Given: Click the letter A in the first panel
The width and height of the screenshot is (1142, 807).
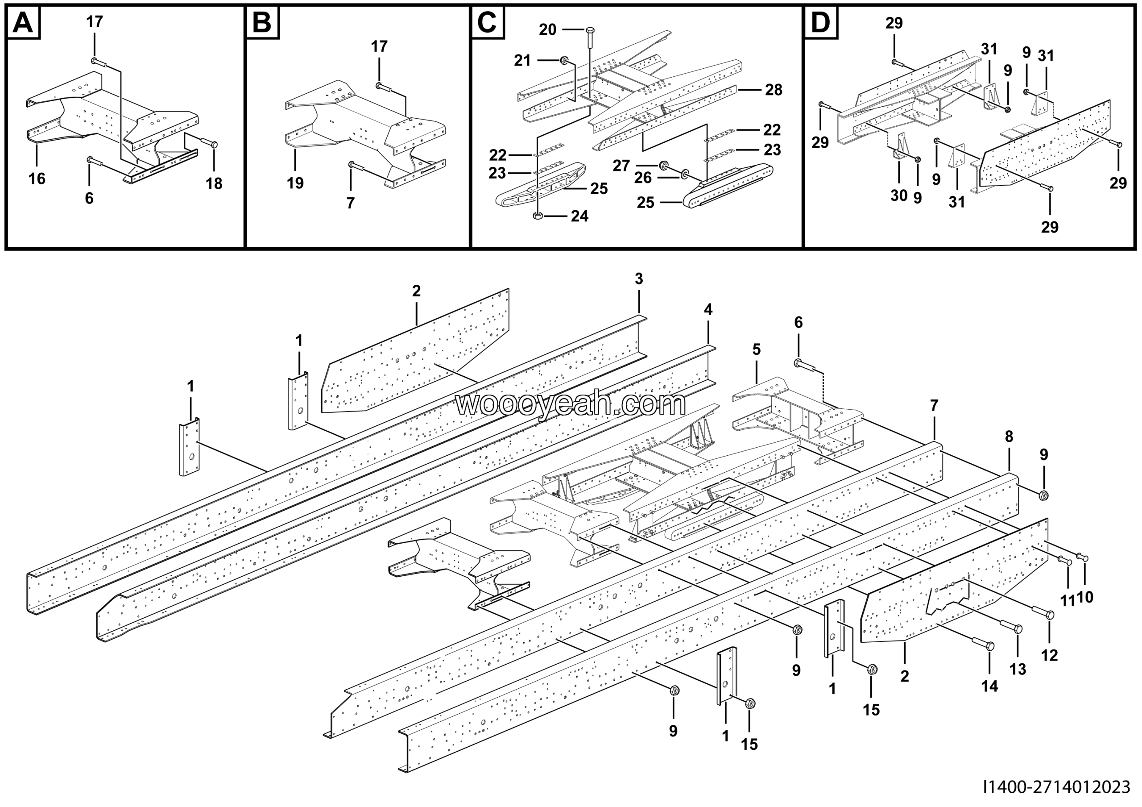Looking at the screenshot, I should click(x=23, y=22).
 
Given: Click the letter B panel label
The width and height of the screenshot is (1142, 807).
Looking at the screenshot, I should click(x=262, y=22).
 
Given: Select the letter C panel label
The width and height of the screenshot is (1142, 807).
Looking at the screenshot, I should click(x=487, y=22).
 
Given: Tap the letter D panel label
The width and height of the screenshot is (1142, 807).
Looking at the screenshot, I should click(x=820, y=22).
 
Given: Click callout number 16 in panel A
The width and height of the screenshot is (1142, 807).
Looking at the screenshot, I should click(x=37, y=179).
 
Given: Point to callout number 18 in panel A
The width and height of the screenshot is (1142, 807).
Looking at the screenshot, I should click(x=214, y=183).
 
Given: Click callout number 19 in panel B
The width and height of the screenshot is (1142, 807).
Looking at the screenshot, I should click(x=295, y=183).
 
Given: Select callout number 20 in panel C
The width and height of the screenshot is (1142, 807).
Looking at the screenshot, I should click(x=548, y=30).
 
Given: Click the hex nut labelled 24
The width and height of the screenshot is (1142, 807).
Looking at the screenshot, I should click(x=537, y=216).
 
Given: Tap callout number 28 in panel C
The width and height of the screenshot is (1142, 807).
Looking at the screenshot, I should click(x=774, y=90).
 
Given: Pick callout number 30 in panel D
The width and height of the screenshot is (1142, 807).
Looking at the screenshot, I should click(x=899, y=196).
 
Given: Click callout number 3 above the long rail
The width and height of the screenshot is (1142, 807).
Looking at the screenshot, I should click(x=639, y=279).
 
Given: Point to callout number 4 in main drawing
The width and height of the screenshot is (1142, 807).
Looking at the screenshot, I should click(x=708, y=309).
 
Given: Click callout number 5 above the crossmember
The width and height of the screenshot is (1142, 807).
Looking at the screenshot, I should click(x=757, y=349).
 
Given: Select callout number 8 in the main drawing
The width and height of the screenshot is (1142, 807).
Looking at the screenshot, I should click(x=1009, y=437).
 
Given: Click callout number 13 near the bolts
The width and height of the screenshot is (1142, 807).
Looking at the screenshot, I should click(x=1018, y=669).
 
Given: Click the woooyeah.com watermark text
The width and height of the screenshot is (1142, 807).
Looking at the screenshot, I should click(x=571, y=404).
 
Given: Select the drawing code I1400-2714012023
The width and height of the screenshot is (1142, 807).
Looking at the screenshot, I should click(x=1056, y=787).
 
